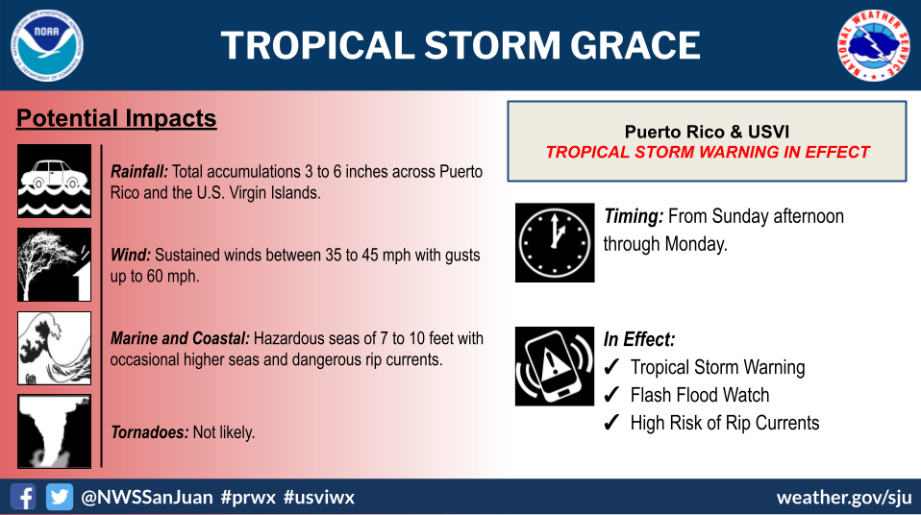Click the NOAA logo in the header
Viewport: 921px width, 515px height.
coord(47,45)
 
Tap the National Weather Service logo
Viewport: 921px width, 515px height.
coord(873,45)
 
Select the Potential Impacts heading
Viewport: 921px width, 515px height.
coord(116,118)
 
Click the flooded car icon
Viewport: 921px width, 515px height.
coord(54,181)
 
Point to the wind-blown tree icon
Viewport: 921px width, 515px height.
coord(54,264)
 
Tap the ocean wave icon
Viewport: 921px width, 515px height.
coord(54,348)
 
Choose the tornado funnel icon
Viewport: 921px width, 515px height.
coord(54,431)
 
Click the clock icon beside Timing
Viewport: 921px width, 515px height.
coord(555,242)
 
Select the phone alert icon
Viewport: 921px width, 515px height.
coord(555,366)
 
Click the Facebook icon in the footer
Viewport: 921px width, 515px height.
coord(23,497)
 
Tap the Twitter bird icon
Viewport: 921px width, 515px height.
coord(60,497)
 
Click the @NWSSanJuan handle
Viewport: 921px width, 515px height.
coord(147,498)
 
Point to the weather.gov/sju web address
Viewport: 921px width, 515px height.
coord(844,498)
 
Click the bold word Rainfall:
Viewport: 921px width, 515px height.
coord(139,171)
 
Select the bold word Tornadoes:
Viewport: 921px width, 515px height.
coord(150,432)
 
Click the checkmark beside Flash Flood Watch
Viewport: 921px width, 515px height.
coord(611,394)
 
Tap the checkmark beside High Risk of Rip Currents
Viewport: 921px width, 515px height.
coord(611,422)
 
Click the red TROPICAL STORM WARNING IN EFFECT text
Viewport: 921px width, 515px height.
coord(708,152)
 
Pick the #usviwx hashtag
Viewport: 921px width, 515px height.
coord(319,498)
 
